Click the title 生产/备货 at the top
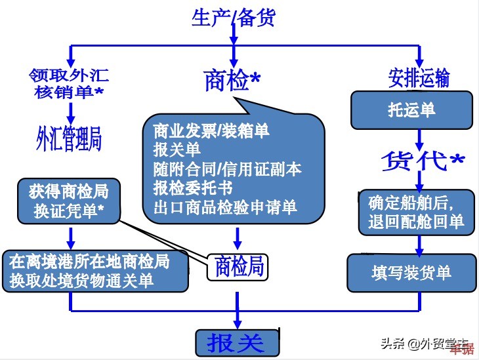(233, 17)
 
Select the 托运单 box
(411, 110)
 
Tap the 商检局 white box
(239, 266)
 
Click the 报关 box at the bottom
(238, 342)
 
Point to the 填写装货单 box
(411, 271)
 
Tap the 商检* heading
(232, 81)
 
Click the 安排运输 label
(418, 79)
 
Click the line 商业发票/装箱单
(211, 130)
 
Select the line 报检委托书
(193, 188)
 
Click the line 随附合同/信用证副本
(227, 169)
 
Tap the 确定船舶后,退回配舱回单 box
(411, 210)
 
